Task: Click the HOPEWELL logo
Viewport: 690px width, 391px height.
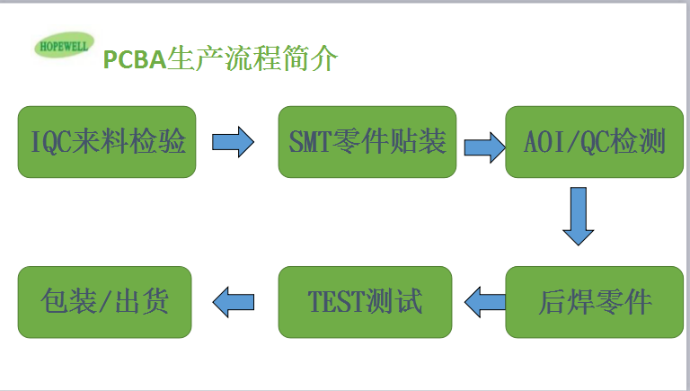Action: tap(65, 45)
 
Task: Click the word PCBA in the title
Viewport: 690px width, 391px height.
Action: tap(135, 59)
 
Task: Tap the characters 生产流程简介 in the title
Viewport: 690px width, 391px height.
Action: tap(252, 58)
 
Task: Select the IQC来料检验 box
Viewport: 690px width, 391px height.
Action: tap(107, 142)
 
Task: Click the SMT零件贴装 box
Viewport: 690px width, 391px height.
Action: tap(367, 142)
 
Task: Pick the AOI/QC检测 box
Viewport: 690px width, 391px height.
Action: tap(594, 142)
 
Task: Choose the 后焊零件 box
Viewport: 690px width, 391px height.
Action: tap(594, 302)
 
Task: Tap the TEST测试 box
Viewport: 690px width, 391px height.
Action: tap(366, 302)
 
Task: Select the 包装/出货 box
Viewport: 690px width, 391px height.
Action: tap(105, 302)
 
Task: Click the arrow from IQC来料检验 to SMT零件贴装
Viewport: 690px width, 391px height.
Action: tap(233, 142)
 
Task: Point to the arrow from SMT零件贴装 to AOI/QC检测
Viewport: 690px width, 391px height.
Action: tap(485, 147)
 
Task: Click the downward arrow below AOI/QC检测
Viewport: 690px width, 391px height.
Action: tap(579, 216)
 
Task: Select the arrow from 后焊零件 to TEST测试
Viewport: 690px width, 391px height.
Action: tap(485, 302)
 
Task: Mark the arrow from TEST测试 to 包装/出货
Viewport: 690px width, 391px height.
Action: tap(233, 302)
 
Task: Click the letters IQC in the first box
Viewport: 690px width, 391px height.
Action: tap(51, 142)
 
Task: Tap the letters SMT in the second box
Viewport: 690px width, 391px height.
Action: tap(310, 142)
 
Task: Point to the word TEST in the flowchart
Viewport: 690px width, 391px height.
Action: tap(336, 302)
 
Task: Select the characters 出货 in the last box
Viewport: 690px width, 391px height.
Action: tap(142, 301)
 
